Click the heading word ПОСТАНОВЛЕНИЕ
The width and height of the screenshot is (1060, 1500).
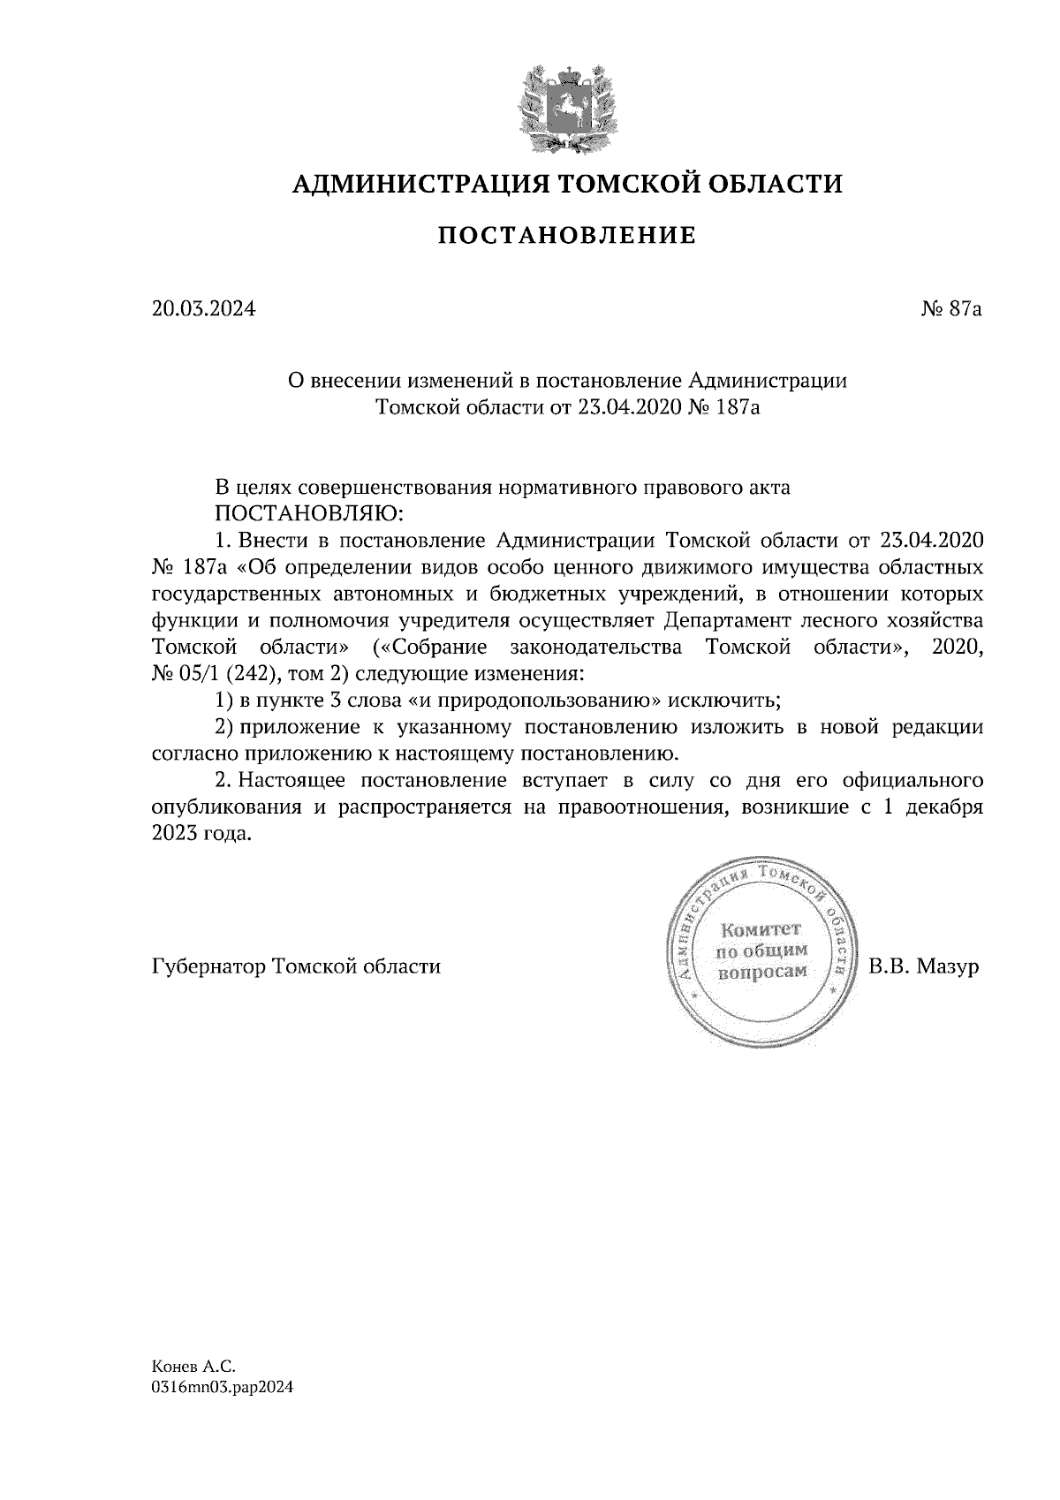pos(567,236)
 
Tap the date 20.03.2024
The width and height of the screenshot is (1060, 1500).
pos(203,309)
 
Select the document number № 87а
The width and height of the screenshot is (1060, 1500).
pos(950,309)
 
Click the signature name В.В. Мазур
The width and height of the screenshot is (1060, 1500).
pos(924,966)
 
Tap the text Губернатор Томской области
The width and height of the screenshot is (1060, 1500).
pos(296,966)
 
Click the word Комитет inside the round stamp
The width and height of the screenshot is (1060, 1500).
pos(761,929)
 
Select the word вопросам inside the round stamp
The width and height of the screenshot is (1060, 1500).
pos(761,971)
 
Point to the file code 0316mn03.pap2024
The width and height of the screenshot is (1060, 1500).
pos(222,1388)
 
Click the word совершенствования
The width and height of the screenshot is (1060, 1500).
pos(397,487)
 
